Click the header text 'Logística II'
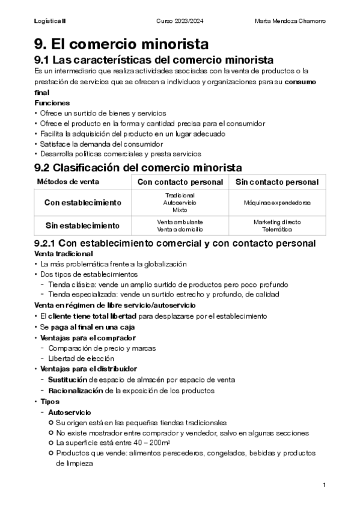(50, 21)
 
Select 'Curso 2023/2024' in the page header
(180, 21)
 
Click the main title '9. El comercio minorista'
(122, 44)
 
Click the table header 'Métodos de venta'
(69, 182)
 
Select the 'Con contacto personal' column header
(180, 182)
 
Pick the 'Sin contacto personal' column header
(277, 182)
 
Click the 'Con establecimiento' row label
(83, 203)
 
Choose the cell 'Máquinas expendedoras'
(277, 203)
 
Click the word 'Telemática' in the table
(277, 229)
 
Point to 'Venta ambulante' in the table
(180, 222)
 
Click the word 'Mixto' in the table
(180, 210)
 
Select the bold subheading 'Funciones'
(52, 103)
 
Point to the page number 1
(324, 485)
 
